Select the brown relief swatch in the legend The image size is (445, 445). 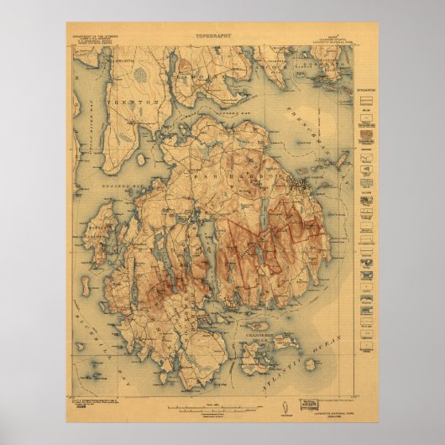click(364, 132)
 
